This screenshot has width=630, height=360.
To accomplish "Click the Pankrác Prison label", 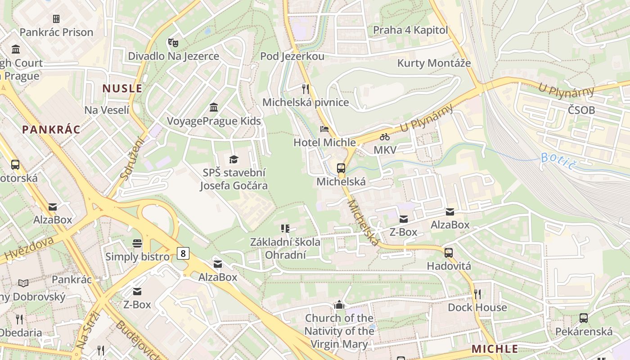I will (x=56, y=32).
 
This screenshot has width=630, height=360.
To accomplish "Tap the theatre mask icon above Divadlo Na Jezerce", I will (x=173, y=43).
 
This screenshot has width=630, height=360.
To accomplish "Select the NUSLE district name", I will (x=122, y=88).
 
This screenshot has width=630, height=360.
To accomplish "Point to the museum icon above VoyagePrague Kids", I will (x=214, y=108).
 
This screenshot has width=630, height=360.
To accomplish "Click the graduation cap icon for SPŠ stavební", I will (x=234, y=159).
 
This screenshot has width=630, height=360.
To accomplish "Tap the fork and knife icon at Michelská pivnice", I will (x=306, y=89).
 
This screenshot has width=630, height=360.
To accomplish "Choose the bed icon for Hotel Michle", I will (x=324, y=129).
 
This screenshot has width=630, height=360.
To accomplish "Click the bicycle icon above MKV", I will (x=385, y=136).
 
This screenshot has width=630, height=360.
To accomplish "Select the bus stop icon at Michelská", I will (x=341, y=168).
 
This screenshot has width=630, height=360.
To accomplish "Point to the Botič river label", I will (x=558, y=161).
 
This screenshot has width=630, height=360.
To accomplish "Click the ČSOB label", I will (x=581, y=110).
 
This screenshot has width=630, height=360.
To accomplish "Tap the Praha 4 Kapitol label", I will (x=410, y=30).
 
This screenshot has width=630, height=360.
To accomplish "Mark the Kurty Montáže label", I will (x=434, y=63).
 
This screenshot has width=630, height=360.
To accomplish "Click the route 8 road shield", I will (x=182, y=253).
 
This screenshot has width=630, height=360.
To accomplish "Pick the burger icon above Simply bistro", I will (x=137, y=243).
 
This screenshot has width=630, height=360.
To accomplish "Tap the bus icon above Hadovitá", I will (x=449, y=252).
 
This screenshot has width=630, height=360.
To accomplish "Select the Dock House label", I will (x=477, y=307).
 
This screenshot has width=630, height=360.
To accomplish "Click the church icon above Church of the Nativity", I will (x=339, y=305).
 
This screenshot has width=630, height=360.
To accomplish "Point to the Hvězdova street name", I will (x=28, y=249).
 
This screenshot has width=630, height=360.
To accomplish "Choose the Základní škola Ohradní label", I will (x=285, y=248).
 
